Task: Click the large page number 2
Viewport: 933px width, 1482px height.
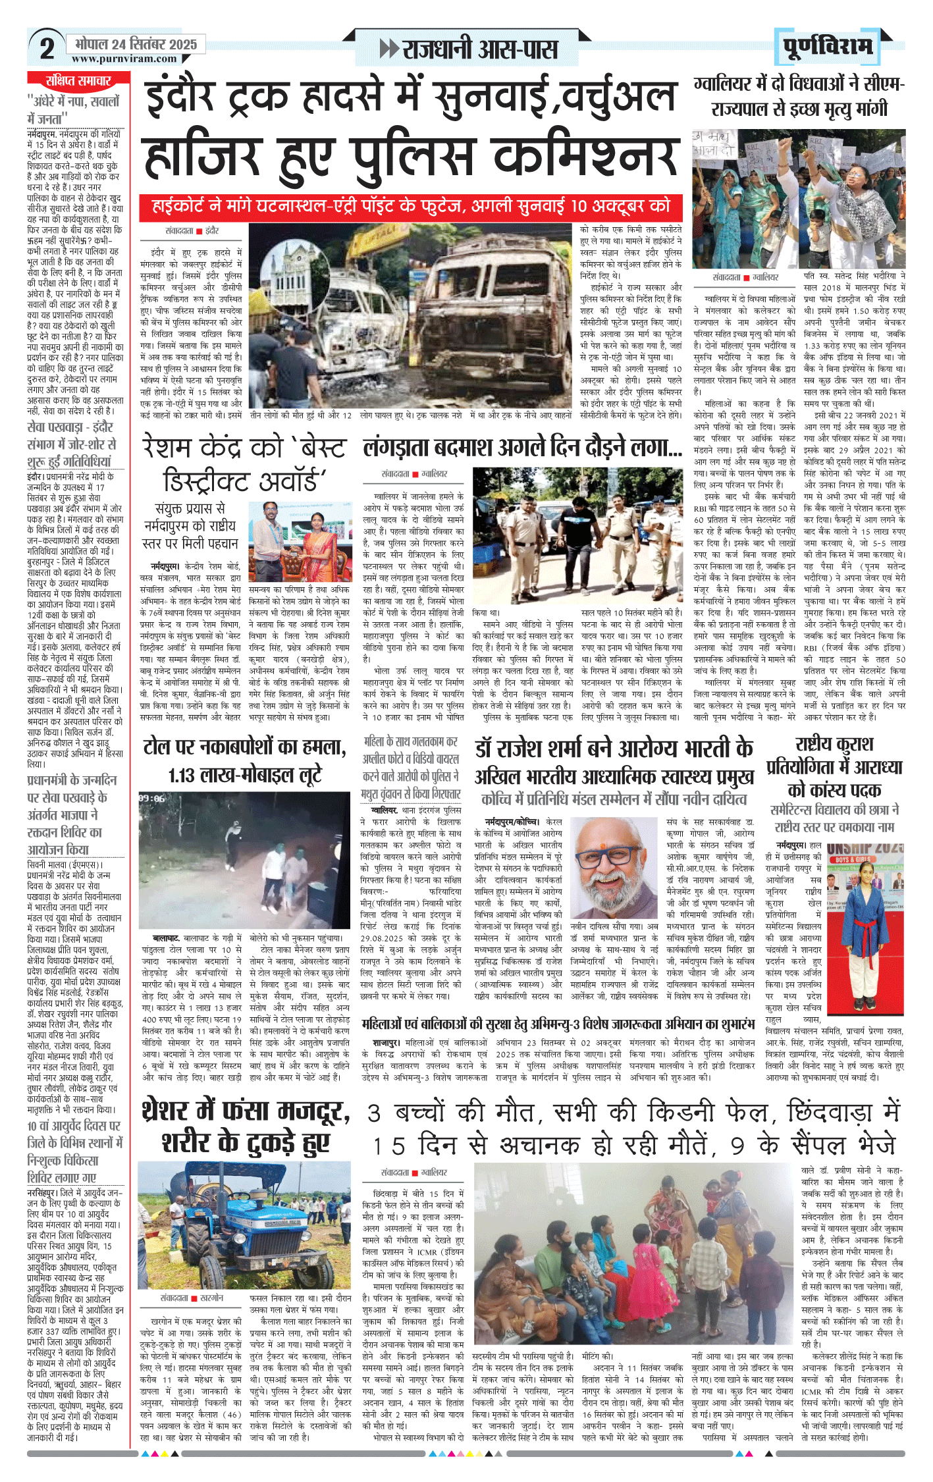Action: [x=47, y=48]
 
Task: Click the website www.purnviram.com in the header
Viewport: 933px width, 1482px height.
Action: [x=124, y=59]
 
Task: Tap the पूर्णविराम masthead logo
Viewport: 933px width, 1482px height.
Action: [x=828, y=47]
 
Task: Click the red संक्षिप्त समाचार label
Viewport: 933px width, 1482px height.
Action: [x=78, y=81]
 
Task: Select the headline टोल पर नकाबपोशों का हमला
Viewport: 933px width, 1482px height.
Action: [x=244, y=747]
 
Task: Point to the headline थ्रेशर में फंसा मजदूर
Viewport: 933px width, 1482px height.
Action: [x=246, y=1126]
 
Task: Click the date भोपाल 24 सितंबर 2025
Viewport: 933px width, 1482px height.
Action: [x=136, y=44]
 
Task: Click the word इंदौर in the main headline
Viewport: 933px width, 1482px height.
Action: [x=190, y=97]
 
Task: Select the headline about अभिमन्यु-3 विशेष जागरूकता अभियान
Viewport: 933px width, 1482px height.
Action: [x=558, y=1024]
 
